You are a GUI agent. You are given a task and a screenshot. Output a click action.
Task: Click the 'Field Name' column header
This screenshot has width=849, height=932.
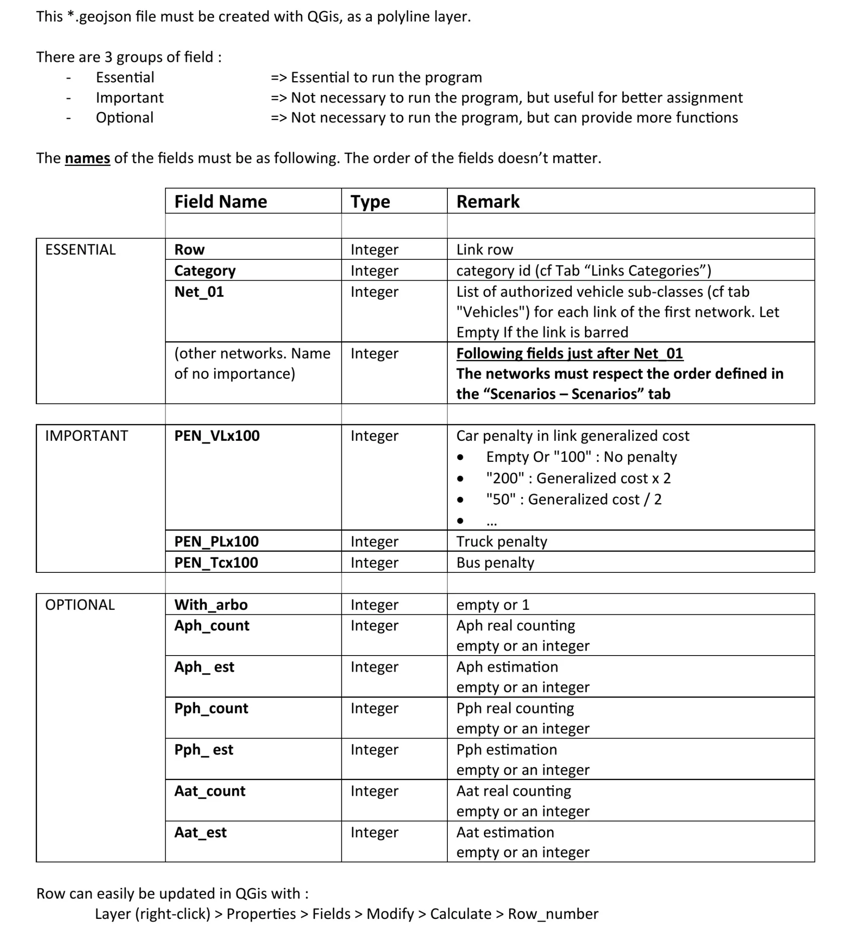point(220,202)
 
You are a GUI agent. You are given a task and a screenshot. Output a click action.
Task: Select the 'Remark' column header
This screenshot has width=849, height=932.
point(488,202)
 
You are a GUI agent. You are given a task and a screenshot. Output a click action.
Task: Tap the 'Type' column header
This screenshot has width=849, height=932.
point(370,202)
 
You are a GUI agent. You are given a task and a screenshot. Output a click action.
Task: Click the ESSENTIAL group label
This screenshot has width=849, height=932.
point(80,250)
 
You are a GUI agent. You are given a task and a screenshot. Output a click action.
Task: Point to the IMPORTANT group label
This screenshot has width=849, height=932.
point(87,436)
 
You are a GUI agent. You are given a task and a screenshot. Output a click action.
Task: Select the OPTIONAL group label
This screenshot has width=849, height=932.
point(80,605)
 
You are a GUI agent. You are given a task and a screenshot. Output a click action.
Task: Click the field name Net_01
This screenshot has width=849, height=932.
point(199,292)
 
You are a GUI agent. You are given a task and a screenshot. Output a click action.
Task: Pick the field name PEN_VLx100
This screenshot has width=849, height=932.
point(217,436)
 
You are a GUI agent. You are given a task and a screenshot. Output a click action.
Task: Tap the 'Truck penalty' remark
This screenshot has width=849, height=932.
point(501,541)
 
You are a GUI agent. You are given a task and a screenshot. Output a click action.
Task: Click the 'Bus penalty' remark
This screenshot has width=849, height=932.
point(495,563)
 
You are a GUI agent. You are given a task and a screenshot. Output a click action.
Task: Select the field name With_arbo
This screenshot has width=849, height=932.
point(211,605)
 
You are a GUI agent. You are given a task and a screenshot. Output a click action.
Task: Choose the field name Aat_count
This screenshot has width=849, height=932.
point(210,791)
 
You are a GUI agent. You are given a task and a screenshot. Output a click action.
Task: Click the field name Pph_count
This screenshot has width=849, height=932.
point(211,708)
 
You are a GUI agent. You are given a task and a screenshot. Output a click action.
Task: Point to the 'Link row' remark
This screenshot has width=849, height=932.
point(484,250)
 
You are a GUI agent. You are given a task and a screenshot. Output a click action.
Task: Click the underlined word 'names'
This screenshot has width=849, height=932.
point(87,158)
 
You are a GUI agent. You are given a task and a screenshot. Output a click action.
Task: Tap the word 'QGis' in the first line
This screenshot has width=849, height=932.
point(324,17)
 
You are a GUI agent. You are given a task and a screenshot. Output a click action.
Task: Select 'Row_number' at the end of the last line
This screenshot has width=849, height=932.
point(553,914)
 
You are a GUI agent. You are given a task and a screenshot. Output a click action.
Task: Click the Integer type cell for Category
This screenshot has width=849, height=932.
point(374,270)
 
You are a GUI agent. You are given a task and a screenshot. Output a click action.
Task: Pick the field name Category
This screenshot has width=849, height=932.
point(205,270)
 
